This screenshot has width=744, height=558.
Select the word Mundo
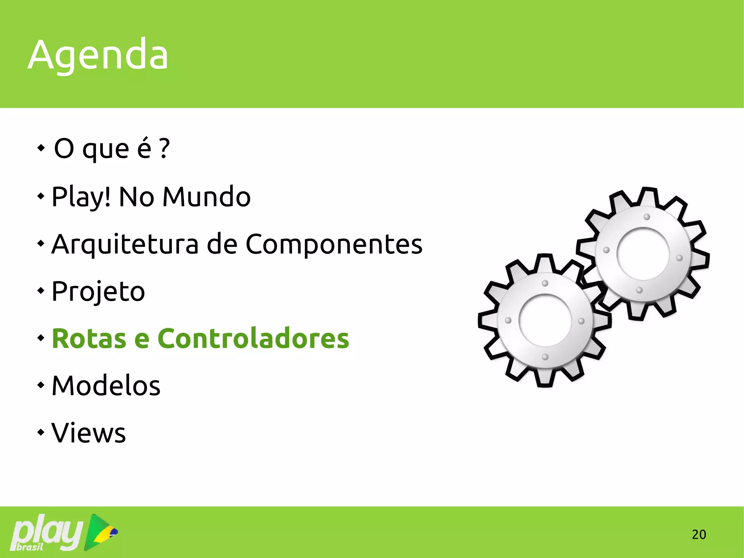point(206,197)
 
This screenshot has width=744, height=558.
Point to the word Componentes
point(334,244)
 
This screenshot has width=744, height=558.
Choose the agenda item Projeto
point(98,292)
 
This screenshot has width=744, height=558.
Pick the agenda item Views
point(89,433)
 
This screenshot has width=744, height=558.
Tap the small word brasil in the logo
point(30,547)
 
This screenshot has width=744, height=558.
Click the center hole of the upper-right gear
point(643,254)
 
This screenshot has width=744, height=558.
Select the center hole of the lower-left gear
point(545,320)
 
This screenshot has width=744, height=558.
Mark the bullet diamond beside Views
point(41,432)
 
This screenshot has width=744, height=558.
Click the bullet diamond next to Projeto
point(41,291)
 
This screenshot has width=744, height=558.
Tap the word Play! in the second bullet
point(81,197)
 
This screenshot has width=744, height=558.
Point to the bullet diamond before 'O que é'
point(41,148)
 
